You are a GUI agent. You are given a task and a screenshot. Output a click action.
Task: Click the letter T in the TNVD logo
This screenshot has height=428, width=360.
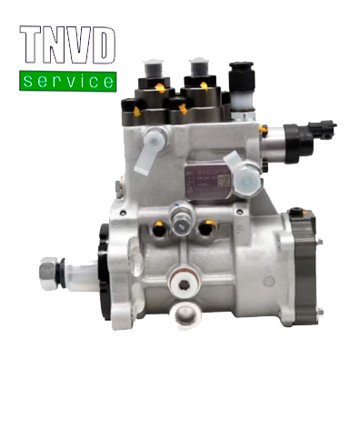(34, 48)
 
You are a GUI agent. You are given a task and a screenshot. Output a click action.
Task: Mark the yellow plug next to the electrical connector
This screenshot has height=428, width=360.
(264, 131)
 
